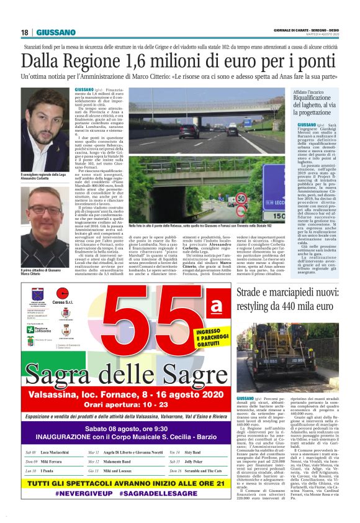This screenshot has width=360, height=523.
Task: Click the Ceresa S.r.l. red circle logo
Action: (61, 293)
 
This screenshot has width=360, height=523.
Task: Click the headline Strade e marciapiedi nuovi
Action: (292, 293)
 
